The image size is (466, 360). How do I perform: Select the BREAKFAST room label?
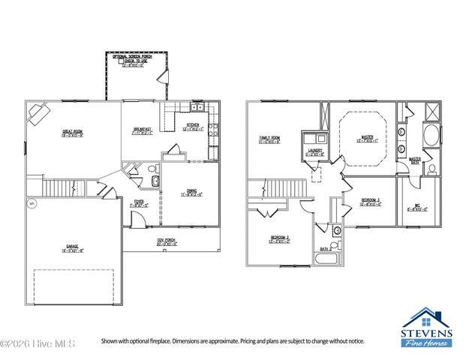click(143, 129)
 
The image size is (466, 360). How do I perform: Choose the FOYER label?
click(139, 202)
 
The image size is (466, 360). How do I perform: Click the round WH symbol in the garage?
click(32, 203)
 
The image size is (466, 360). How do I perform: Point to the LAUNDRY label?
click(314, 155)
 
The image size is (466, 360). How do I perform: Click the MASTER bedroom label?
click(367, 138)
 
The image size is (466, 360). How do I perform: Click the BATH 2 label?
click(324, 248)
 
